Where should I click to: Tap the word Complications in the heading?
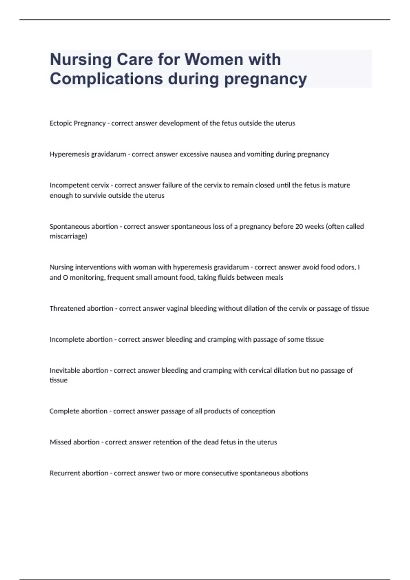[x=106, y=79]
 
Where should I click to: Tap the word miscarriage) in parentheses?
[x=68, y=236]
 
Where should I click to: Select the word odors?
[x=345, y=267]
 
